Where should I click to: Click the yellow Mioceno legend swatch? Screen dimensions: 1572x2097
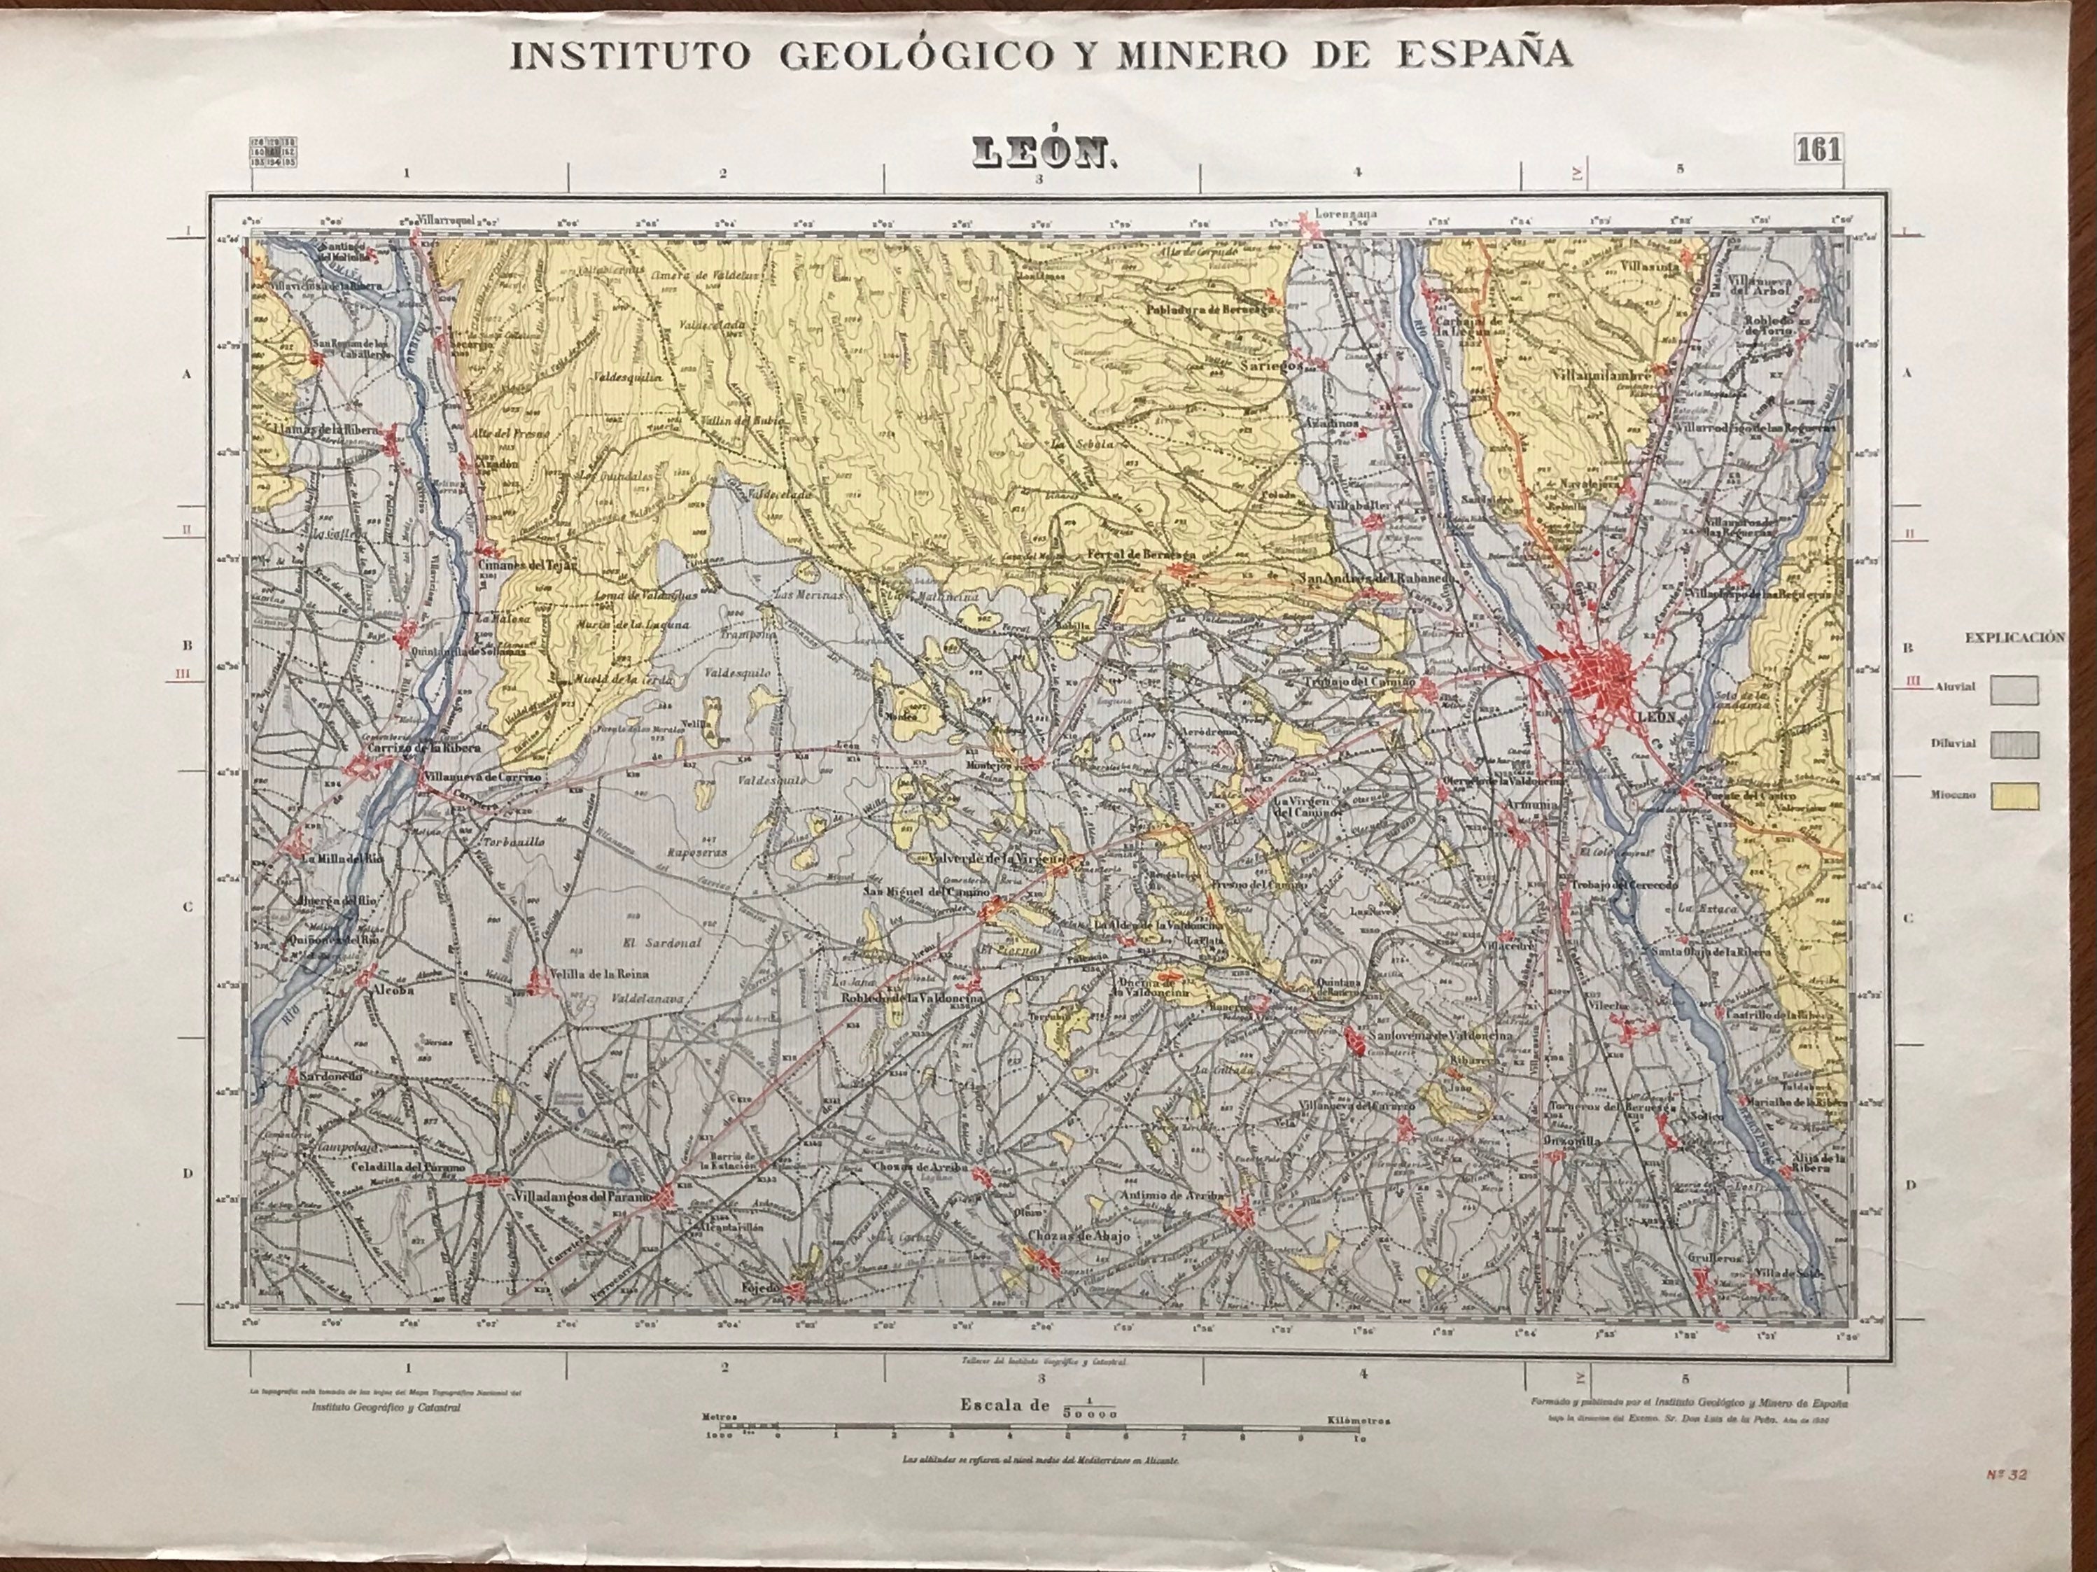click(x=2014, y=796)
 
